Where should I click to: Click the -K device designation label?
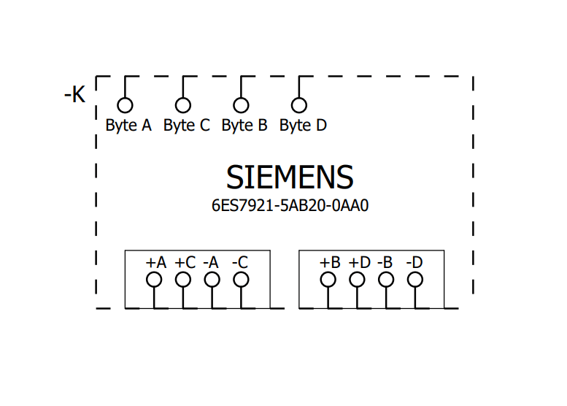pos(75,94)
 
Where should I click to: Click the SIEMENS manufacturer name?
pos(290,177)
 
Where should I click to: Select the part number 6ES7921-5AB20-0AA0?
pos(290,205)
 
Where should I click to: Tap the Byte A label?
pos(128,125)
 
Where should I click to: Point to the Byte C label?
pos(186,125)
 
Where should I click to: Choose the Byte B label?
pos(244,125)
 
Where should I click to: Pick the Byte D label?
pos(303,125)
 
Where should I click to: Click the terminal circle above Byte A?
pos(125,105)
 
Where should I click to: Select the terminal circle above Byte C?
pos(182,105)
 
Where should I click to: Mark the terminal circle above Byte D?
pos(298,105)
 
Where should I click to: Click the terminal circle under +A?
pos(154,280)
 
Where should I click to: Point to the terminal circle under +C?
pos(183,280)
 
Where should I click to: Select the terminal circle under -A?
pos(212,280)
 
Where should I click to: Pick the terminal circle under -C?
pos(241,280)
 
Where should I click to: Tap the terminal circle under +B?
pos(328,280)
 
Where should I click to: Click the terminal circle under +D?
pos(358,280)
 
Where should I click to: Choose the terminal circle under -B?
pos(386,280)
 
